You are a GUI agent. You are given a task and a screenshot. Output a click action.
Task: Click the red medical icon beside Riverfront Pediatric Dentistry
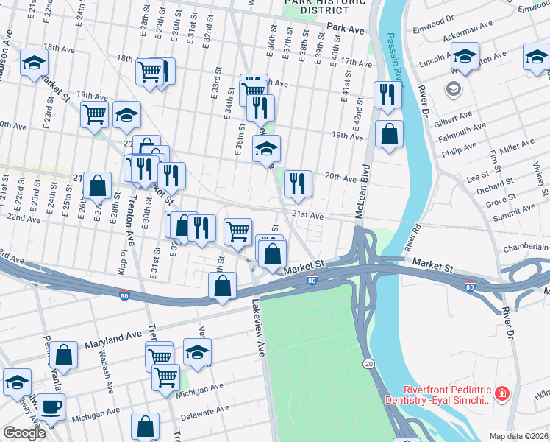[502, 394]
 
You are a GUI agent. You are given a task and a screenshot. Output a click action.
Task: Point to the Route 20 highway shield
[368, 364]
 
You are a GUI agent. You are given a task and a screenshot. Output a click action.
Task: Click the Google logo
[24, 433]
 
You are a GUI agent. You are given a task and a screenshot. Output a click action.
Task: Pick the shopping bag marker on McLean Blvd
[389, 135]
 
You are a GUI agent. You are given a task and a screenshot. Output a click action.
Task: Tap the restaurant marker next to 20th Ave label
[298, 184]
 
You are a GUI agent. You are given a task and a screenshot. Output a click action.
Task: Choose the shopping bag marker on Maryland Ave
[65, 355]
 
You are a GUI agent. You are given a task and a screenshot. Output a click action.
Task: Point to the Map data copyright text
[518, 436]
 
